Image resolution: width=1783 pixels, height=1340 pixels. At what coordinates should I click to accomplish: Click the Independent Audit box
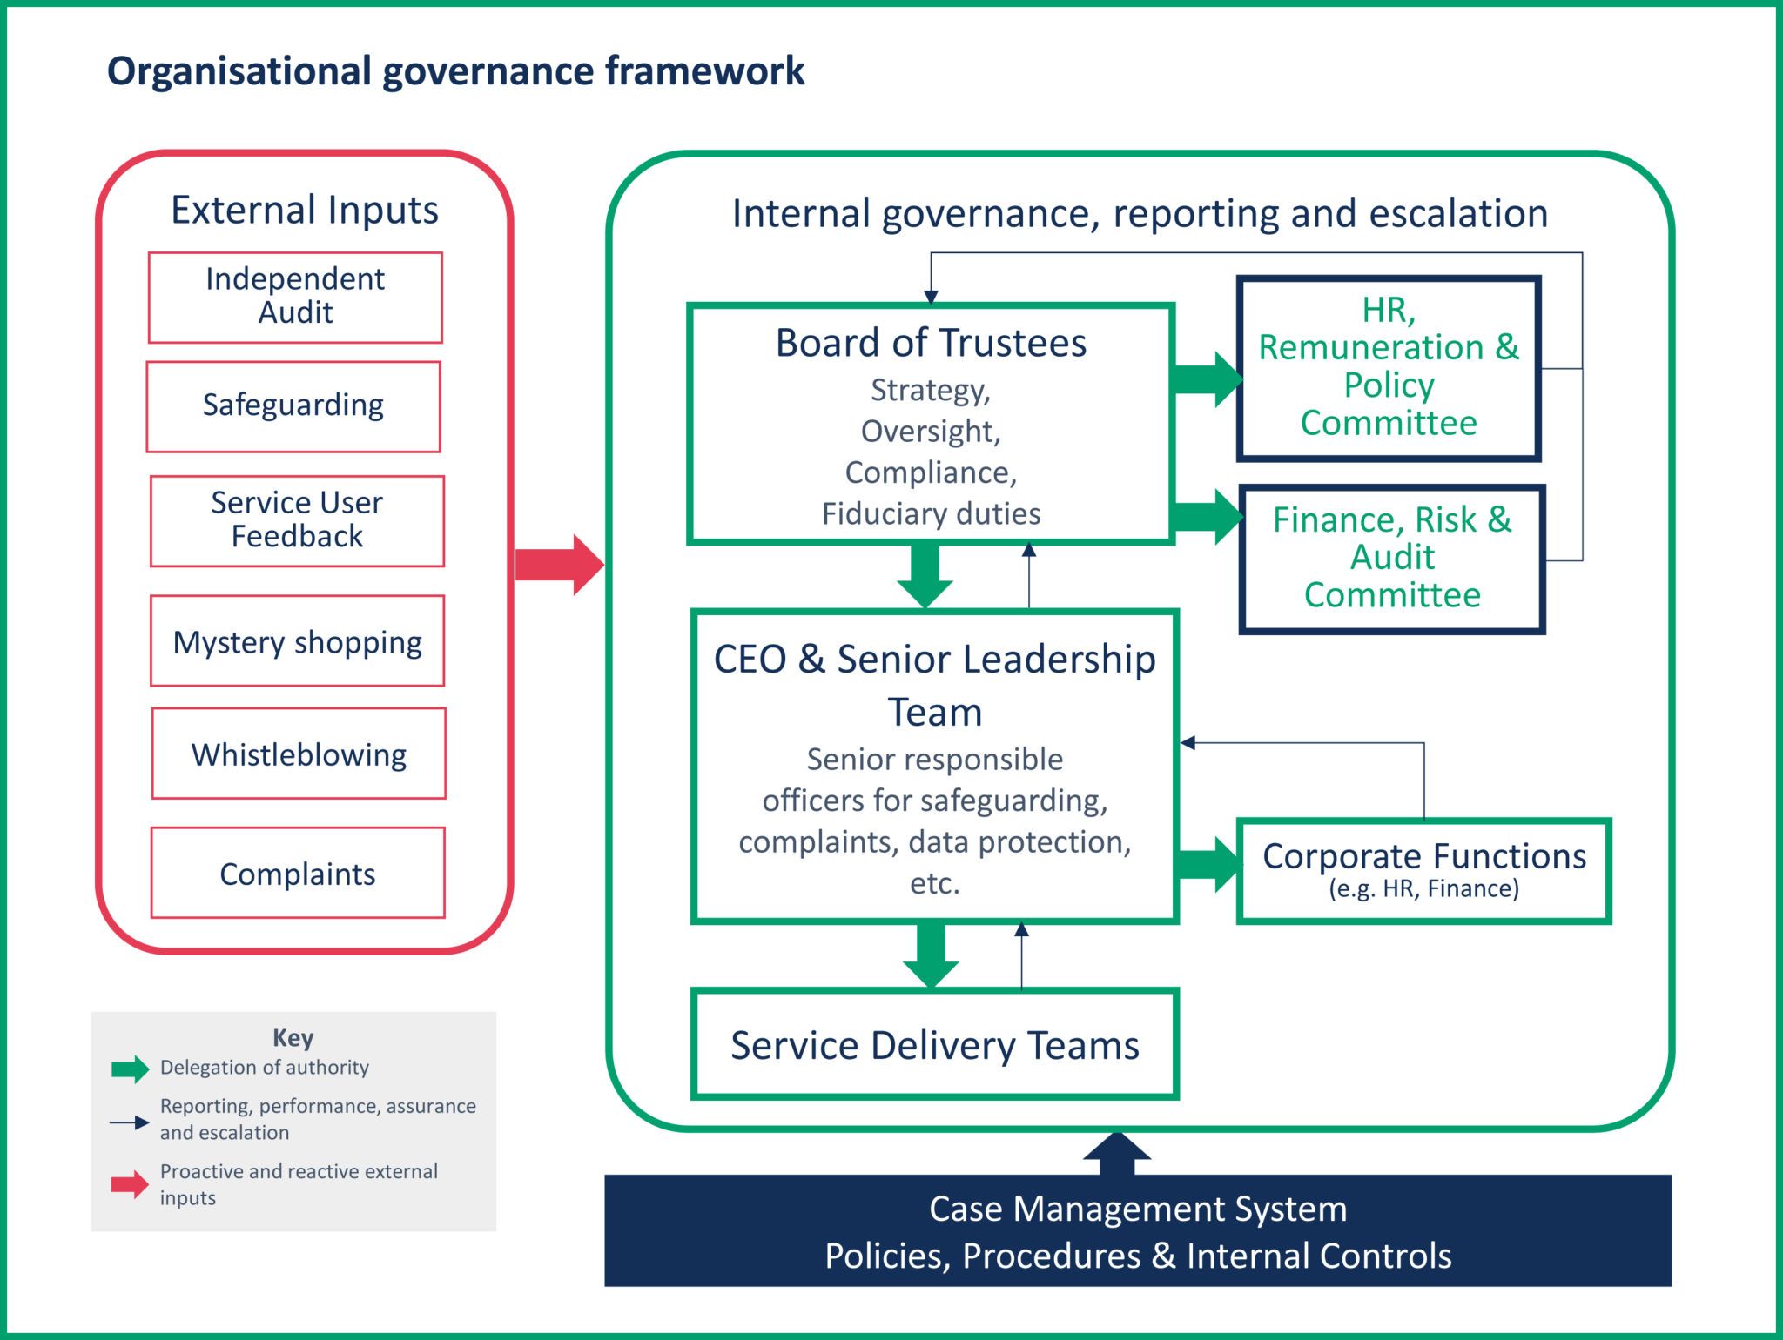click(x=295, y=297)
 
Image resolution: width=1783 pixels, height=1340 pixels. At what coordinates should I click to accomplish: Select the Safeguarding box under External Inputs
click(x=293, y=406)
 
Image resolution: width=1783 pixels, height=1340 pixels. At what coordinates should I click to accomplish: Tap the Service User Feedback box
click(x=297, y=520)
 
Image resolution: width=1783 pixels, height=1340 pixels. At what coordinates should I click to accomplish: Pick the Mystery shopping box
click(x=297, y=641)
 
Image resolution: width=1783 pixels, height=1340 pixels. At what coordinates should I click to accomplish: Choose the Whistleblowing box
click(x=299, y=754)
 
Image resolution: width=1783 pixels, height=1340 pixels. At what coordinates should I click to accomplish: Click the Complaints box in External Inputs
click(x=298, y=873)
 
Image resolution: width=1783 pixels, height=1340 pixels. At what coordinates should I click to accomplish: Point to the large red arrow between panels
click(x=558, y=565)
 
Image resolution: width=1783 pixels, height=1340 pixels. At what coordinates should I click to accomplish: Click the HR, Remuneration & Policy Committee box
click(x=1389, y=368)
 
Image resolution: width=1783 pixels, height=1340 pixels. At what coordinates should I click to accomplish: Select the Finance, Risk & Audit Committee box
click(x=1391, y=559)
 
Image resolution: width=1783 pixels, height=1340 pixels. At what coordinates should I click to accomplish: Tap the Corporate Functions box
click(x=1423, y=869)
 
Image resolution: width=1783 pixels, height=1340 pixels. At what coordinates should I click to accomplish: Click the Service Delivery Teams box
click(x=934, y=1044)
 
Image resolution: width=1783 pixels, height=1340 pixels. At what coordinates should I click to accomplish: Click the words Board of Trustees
click(x=931, y=343)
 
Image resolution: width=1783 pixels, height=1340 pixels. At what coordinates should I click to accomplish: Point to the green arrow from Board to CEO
click(x=925, y=575)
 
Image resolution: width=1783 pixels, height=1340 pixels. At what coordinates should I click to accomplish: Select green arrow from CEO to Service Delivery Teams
click(x=931, y=954)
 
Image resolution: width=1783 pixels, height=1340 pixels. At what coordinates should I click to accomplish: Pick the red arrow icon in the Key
click(x=130, y=1183)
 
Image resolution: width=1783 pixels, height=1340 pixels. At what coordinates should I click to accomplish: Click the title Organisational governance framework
click(x=455, y=71)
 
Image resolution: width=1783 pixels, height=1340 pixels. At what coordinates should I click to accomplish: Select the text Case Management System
click(x=1137, y=1209)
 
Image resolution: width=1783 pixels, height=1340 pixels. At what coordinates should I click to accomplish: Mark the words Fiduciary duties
click(x=931, y=513)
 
